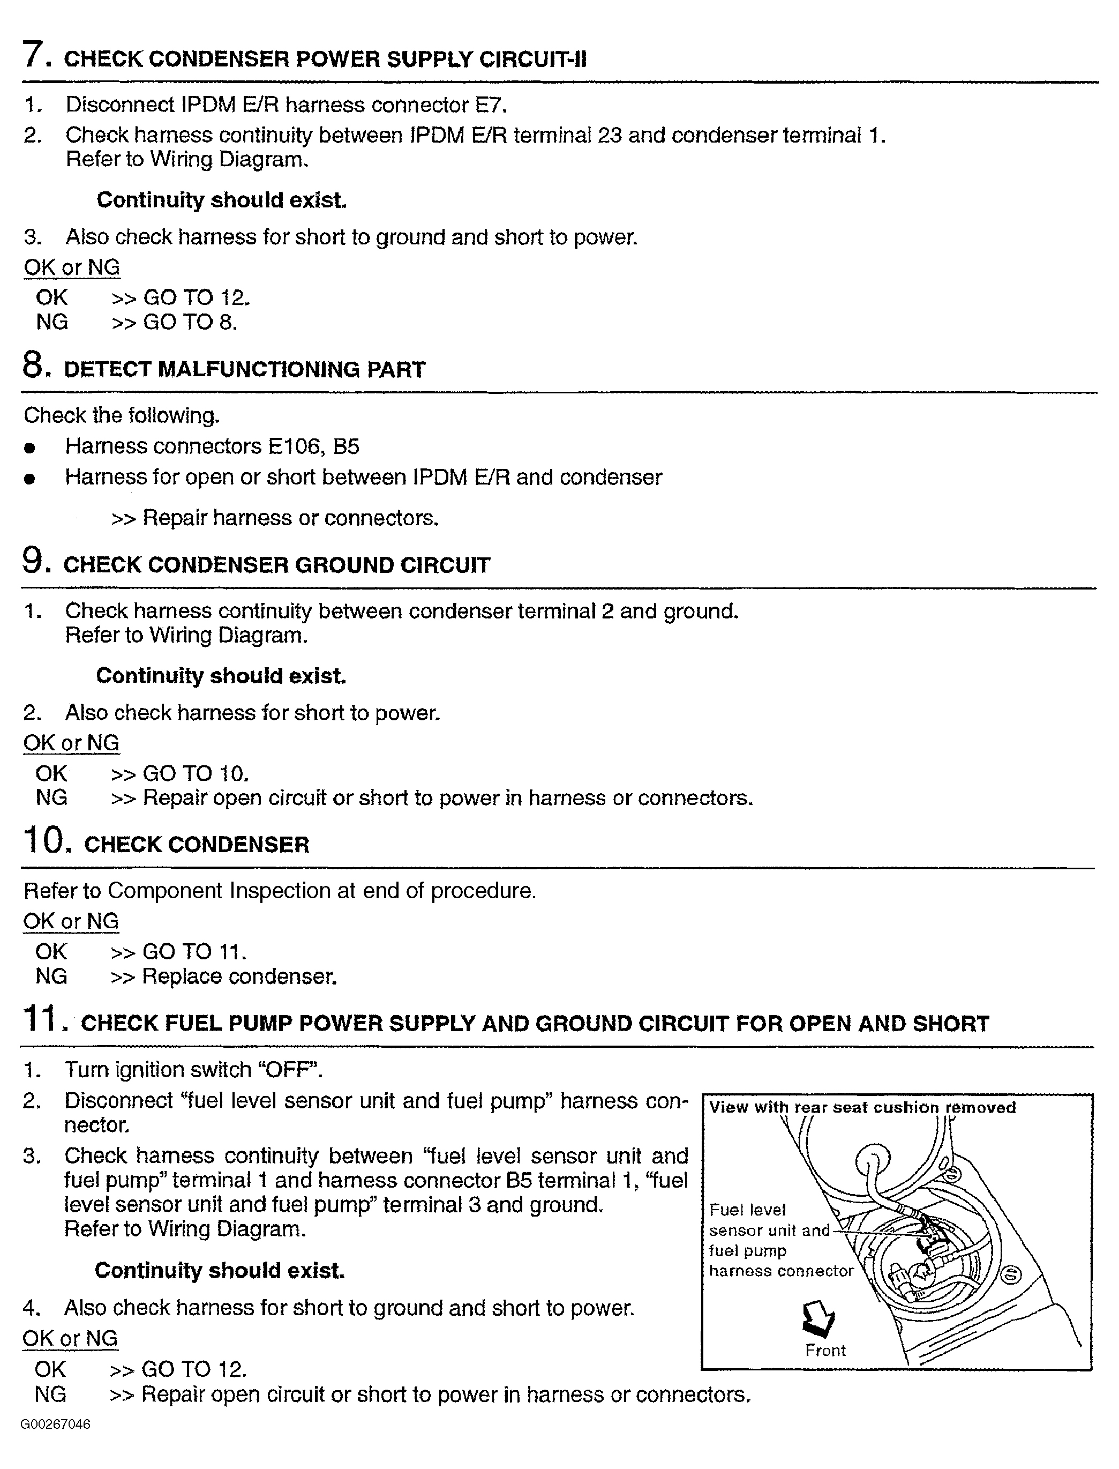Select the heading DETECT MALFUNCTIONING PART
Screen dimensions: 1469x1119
pos(244,370)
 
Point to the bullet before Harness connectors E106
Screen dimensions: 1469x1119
pos(28,448)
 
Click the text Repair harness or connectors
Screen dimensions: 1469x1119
pos(290,518)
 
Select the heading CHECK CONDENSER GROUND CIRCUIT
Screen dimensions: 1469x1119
pos(276,565)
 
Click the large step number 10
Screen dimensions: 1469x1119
pos(46,840)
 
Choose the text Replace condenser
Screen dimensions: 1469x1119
pos(239,976)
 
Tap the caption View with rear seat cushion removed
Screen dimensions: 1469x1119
pos(862,1107)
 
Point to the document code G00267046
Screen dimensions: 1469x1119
pos(55,1425)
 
